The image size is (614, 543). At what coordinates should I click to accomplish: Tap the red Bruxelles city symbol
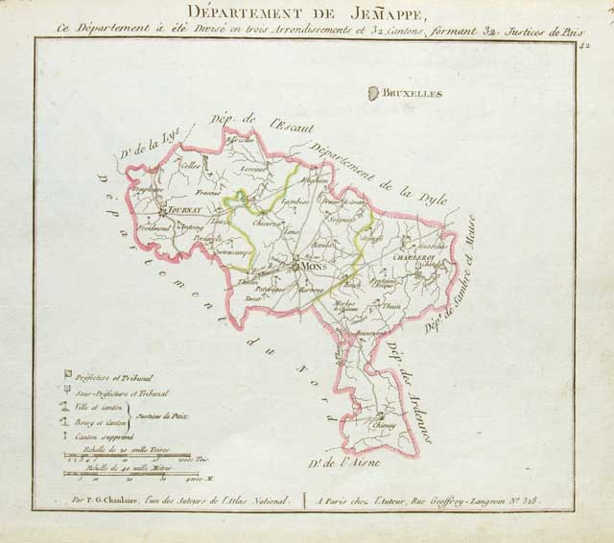pos(373,93)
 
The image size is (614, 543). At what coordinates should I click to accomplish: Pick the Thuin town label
pos(391,306)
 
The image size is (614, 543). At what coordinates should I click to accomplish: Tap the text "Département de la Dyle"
pos(369,173)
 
